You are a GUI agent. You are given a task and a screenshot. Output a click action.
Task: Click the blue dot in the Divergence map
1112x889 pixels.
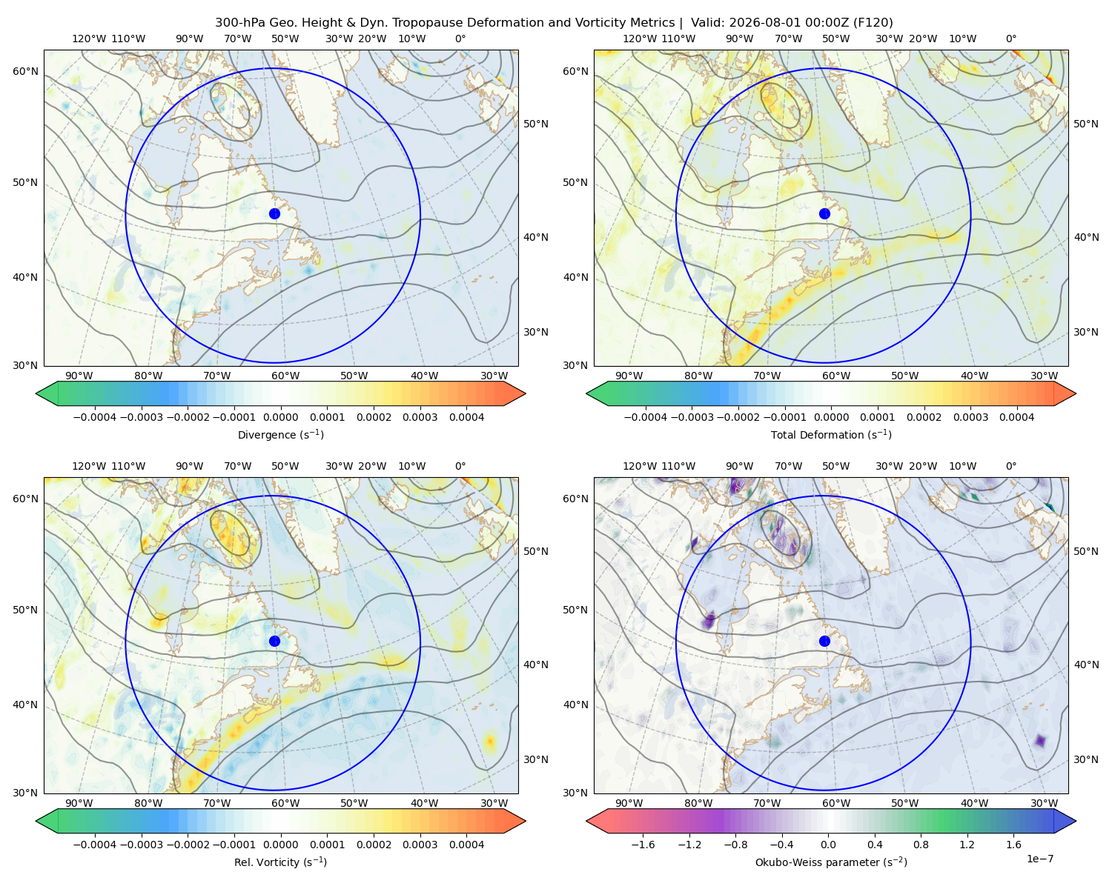274,213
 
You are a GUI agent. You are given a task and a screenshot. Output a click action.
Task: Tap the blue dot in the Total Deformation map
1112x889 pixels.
824,213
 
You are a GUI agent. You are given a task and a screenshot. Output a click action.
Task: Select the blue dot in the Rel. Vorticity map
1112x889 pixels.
274,641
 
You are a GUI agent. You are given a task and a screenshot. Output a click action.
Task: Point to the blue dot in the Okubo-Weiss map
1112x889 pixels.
824,641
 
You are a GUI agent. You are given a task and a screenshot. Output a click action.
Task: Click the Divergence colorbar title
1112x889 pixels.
280,434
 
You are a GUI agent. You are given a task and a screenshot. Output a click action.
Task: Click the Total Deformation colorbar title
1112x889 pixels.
831,434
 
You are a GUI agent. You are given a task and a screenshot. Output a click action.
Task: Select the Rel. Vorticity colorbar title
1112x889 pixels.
280,862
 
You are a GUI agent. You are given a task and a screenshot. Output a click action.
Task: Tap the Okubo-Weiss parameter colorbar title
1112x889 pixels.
831,862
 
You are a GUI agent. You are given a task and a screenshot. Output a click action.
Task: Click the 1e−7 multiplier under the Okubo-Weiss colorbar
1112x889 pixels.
1039,859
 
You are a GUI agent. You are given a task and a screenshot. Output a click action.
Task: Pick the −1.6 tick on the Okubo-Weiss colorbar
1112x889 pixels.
643,844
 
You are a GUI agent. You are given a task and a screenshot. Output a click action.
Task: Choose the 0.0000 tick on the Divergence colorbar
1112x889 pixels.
280,417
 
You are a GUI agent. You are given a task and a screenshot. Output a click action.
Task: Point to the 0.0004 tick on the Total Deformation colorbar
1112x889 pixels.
1016,417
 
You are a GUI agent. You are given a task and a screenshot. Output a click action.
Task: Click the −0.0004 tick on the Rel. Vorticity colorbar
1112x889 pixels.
95,844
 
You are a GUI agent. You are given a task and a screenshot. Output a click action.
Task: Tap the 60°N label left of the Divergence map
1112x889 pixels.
25,71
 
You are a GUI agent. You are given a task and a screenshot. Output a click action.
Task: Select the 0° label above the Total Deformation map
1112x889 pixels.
1010,39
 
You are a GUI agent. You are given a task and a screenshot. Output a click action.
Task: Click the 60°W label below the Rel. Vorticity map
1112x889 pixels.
285,803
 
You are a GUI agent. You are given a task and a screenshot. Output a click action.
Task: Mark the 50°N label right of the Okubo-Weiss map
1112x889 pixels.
1085,551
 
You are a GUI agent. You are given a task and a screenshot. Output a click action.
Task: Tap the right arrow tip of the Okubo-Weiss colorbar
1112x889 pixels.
1076,821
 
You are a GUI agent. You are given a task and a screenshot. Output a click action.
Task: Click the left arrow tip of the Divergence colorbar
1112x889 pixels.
36,393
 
